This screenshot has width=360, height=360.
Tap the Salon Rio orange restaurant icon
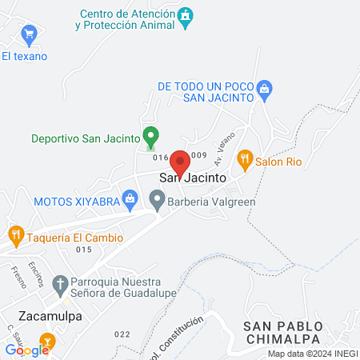(246, 159)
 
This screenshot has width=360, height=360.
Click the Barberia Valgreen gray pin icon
(157, 202)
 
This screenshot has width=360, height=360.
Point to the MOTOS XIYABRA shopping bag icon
(130, 196)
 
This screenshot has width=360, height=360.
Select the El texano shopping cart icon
(30, 34)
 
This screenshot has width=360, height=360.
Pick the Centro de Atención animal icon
(186, 18)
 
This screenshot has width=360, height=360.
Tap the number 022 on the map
(122, 334)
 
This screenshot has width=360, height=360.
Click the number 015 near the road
(84, 250)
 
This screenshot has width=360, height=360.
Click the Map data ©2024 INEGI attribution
(311, 354)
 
